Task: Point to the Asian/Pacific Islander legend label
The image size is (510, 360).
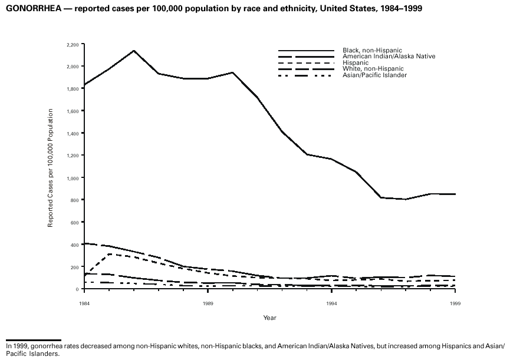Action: [x=374, y=75]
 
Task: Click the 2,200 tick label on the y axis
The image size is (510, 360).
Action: [x=73, y=44]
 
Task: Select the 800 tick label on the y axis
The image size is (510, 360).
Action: [x=75, y=200]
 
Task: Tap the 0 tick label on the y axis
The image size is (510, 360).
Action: [x=78, y=289]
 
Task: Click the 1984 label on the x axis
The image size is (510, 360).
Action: [x=85, y=302]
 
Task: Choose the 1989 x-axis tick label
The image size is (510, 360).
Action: [x=208, y=302]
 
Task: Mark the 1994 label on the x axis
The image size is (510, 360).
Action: [x=332, y=302]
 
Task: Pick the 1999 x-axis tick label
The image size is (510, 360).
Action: [x=455, y=302]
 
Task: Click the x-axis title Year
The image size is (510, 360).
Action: [x=269, y=318]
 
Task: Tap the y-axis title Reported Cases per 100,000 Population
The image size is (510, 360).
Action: [x=51, y=168]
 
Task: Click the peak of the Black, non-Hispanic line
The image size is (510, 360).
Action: [x=134, y=51]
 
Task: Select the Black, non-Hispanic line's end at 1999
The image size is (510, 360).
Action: [x=455, y=194]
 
